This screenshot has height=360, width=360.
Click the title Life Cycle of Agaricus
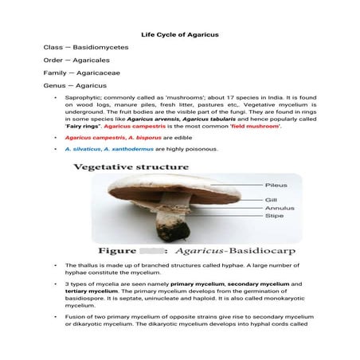click(x=179, y=35)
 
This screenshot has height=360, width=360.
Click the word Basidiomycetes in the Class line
click(x=100, y=48)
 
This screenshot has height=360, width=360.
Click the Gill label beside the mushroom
click(x=272, y=199)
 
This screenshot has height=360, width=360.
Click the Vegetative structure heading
click(x=131, y=167)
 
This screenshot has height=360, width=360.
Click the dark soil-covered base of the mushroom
click(x=177, y=232)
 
